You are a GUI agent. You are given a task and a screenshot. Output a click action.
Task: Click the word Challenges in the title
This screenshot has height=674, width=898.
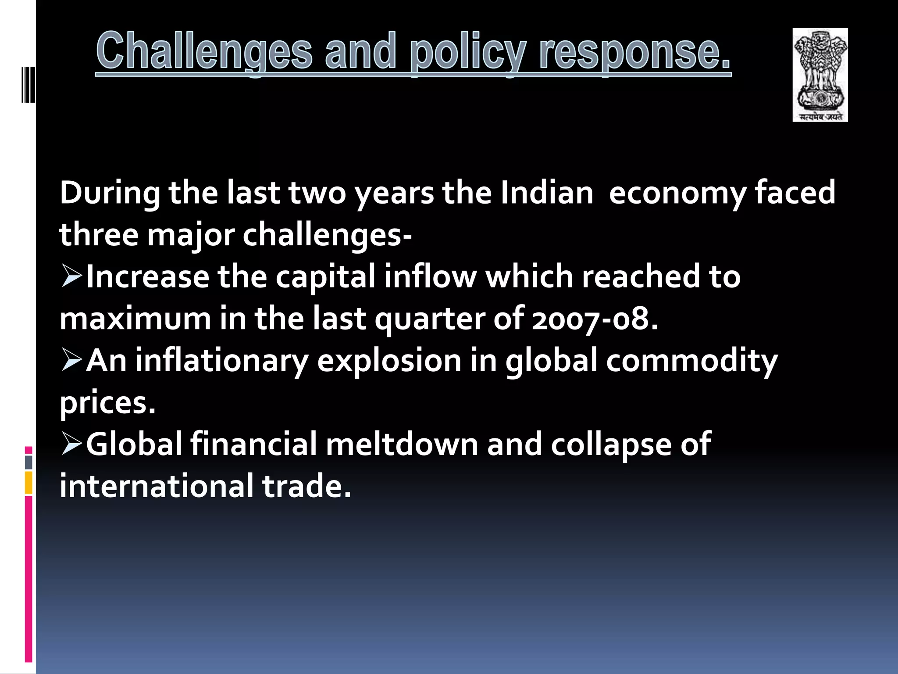click(x=204, y=51)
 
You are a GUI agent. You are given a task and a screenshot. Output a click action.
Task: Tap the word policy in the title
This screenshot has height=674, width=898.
click(x=467, y=53)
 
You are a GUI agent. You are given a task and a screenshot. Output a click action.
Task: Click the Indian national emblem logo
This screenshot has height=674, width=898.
click(x=820, y=75)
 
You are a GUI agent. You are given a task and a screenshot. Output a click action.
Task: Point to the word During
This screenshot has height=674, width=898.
click(x=110, y=193)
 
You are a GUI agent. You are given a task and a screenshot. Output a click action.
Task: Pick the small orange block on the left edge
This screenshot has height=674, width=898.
click(x=29, y=483)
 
